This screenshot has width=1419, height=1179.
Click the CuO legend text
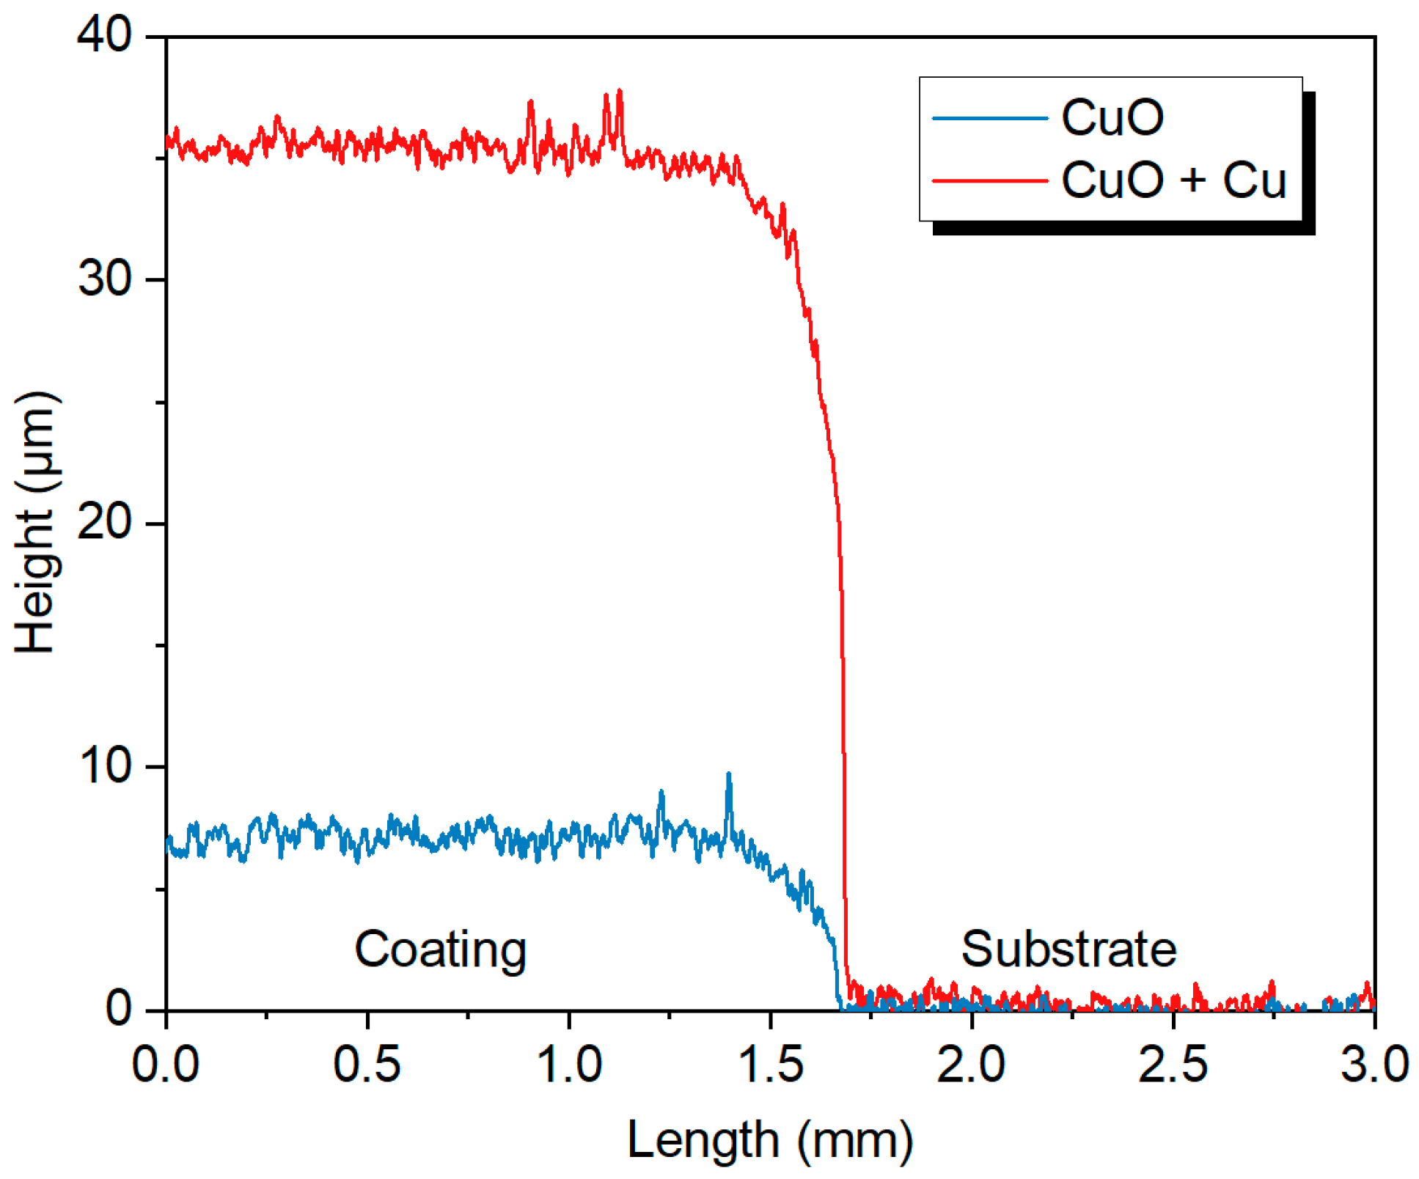pos(1112,117)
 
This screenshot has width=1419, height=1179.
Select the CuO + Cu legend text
pos(1173,180)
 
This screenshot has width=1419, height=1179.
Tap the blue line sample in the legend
pos(989,118)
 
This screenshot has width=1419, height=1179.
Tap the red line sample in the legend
pos(989,180)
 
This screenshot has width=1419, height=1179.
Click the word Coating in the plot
pos(440,950)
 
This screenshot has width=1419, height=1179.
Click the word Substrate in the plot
pos(1068,950)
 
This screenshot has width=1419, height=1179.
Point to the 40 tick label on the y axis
pos(104,34)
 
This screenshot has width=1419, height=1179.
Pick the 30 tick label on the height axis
pos(104,279)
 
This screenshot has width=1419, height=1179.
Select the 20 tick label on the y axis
pos(104,523)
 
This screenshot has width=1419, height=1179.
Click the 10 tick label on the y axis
pos(104,766)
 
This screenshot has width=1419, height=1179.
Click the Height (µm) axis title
pos(34,522)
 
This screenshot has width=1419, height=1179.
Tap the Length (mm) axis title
pos(770,1141)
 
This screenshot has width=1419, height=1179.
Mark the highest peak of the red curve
pos(620,92)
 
